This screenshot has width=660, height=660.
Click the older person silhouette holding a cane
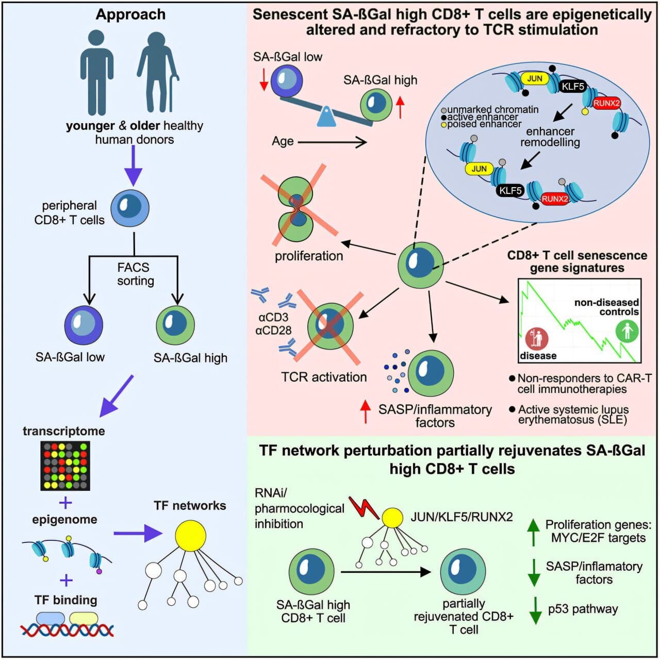coord(157,72)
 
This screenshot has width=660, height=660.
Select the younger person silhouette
coord(97,72)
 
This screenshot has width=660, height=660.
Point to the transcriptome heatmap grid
coord(65,466)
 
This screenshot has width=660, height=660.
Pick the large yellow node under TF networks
coord(190,536)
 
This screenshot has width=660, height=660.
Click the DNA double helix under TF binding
coord(67,630)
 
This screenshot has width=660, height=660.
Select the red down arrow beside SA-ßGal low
coord(263,79)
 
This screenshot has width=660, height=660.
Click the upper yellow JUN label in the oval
coord(534,78)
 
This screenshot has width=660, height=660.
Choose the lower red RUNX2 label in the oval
coord(554,199)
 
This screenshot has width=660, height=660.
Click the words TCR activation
coord(324,377)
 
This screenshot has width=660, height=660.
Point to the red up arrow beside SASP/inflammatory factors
coord(366,411)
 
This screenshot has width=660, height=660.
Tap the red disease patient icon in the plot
coord(536,339)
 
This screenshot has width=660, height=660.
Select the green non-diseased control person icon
coord(627,331)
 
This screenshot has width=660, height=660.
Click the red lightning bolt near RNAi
coord(364,508)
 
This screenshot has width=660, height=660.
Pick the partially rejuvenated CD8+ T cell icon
coord(463,571)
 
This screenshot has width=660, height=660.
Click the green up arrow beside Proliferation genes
coord(534,532)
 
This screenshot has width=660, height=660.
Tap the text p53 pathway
coord(583,609)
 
